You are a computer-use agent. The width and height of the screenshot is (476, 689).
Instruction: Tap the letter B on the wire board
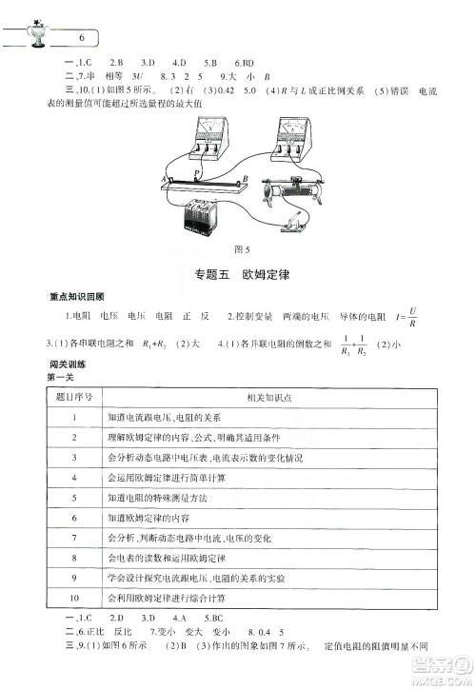tap(245, 178)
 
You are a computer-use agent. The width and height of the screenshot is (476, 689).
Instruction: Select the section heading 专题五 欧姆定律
tap(238, 274)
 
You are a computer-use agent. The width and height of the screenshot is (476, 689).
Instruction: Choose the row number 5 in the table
tap(73, 497)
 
